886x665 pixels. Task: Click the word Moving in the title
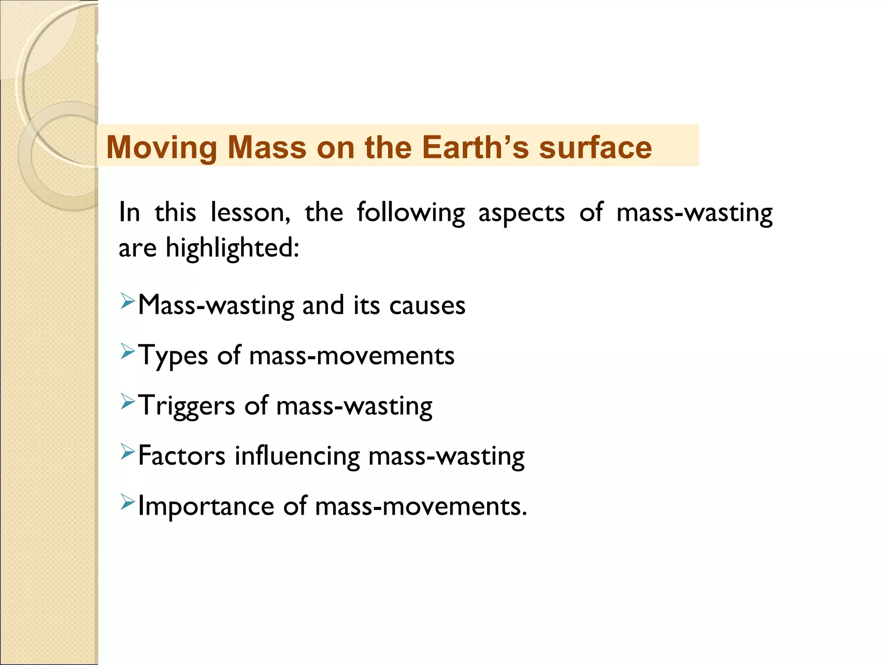click(162, 148)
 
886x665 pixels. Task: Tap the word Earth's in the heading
click(475, 147)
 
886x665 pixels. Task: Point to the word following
click(411, 213)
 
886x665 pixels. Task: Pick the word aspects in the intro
click(521, 213)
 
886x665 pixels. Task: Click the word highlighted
click(232, 249)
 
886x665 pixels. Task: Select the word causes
click(427, 305)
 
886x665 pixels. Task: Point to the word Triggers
click(186, 406)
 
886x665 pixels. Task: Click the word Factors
click(182, 456)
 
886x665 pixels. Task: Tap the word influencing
click(297, 456)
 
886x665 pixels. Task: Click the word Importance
click(206, 507)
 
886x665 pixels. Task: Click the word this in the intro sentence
click(175, 213)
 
